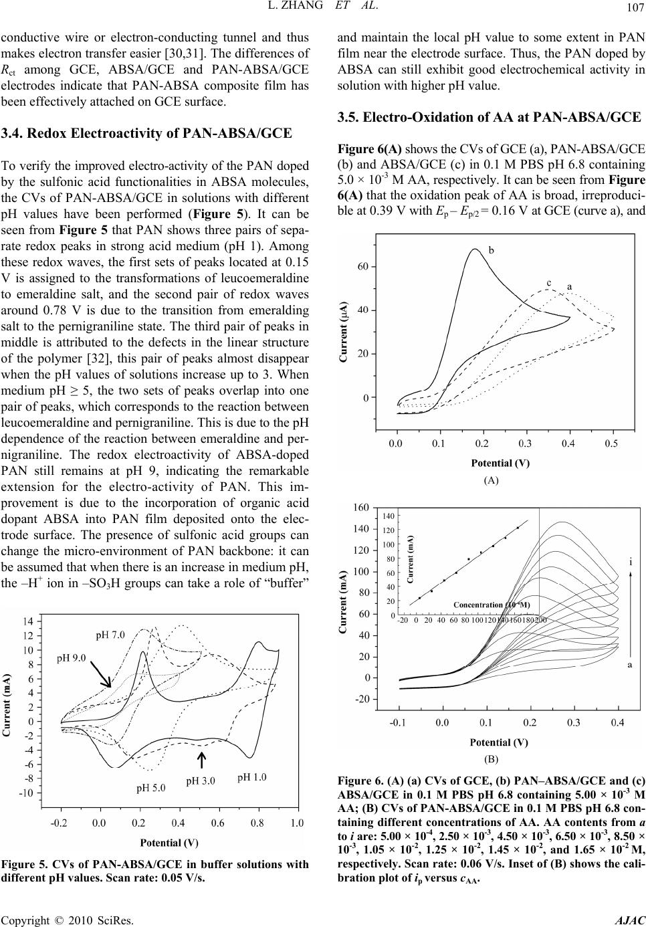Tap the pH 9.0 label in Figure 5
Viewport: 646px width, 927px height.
coord(70,657)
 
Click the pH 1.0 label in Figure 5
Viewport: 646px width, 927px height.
coord(252,777)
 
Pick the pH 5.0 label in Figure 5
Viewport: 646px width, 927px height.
coord(152,787)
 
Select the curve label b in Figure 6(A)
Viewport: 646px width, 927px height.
coord(491,251)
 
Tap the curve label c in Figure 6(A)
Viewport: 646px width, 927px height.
coord(548,282)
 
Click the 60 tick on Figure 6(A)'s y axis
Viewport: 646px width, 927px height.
coord(362,266)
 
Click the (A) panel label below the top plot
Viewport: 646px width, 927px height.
coord(492,480)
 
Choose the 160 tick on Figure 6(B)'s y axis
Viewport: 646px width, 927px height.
coord(360,508)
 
